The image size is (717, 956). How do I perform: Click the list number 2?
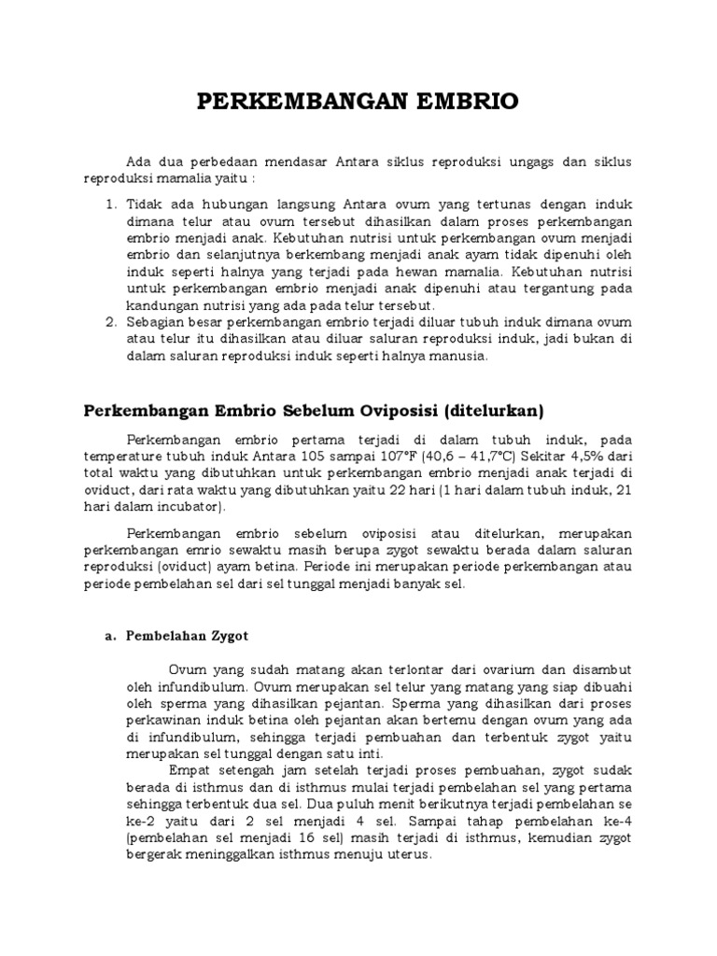click(109, 322)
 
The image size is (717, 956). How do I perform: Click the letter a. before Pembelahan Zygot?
click(108, 635)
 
